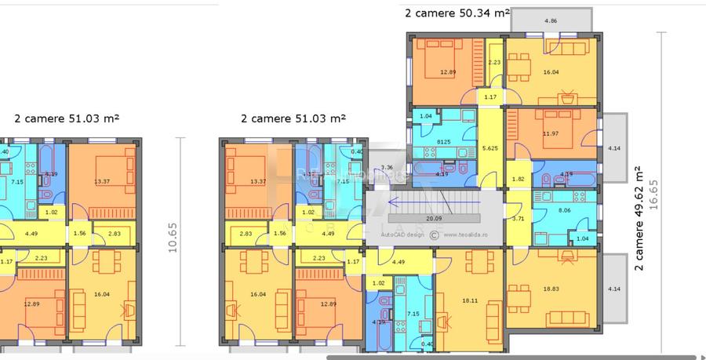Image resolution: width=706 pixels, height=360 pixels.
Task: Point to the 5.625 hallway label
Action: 491,147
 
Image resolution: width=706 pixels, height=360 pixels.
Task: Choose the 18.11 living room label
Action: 470,300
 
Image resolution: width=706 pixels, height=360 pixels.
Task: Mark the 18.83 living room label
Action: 550,289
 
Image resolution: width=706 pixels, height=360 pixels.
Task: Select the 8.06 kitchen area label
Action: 564,211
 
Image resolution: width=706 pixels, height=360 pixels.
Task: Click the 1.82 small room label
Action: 518,180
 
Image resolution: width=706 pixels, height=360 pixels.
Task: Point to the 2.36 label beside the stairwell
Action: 387,167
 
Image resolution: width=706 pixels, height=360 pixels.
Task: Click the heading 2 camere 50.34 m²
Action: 457,13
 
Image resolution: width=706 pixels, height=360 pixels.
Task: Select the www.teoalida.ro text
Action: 471,234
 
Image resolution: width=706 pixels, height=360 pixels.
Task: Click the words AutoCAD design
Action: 402,234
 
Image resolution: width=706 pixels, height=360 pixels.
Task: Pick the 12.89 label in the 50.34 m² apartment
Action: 447,72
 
